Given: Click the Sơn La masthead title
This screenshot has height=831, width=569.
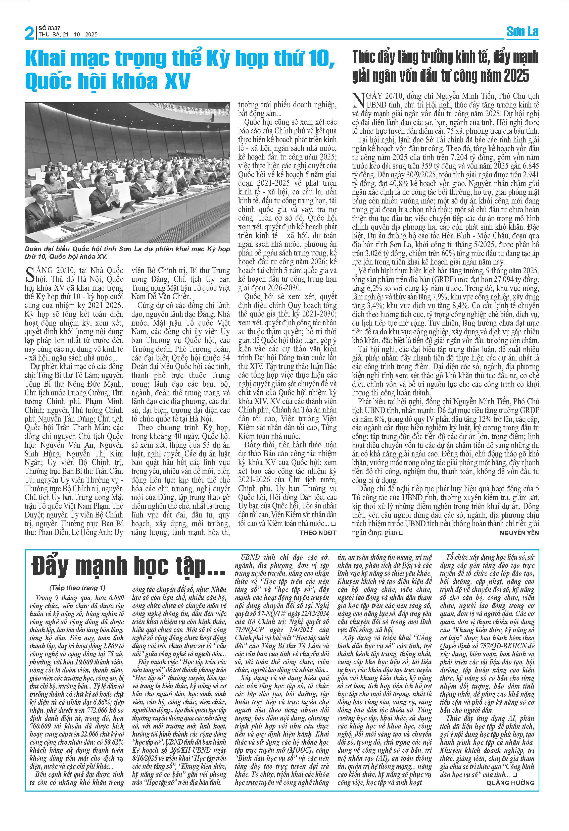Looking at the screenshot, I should pyautogui.click(x=522, y=32).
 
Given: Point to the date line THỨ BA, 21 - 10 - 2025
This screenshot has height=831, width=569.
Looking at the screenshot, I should pyautogui.click(x=68, y=35).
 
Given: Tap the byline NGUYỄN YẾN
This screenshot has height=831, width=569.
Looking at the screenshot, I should pyautogui.click(x=519, y=533).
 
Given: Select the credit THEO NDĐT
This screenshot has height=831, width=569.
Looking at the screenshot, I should pyautogui.click(x=318, y=532).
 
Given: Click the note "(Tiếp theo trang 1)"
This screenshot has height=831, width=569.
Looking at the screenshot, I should pyautogui.click(x=77, y=588).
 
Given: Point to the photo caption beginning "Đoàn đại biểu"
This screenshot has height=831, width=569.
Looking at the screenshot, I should pyautogui.click(x=127, y=252).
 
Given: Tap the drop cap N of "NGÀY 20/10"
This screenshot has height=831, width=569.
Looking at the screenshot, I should pyautogui.click(x=358, y=100).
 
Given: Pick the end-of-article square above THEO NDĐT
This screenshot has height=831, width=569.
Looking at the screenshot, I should pyautogui.click(x=333, y=524).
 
